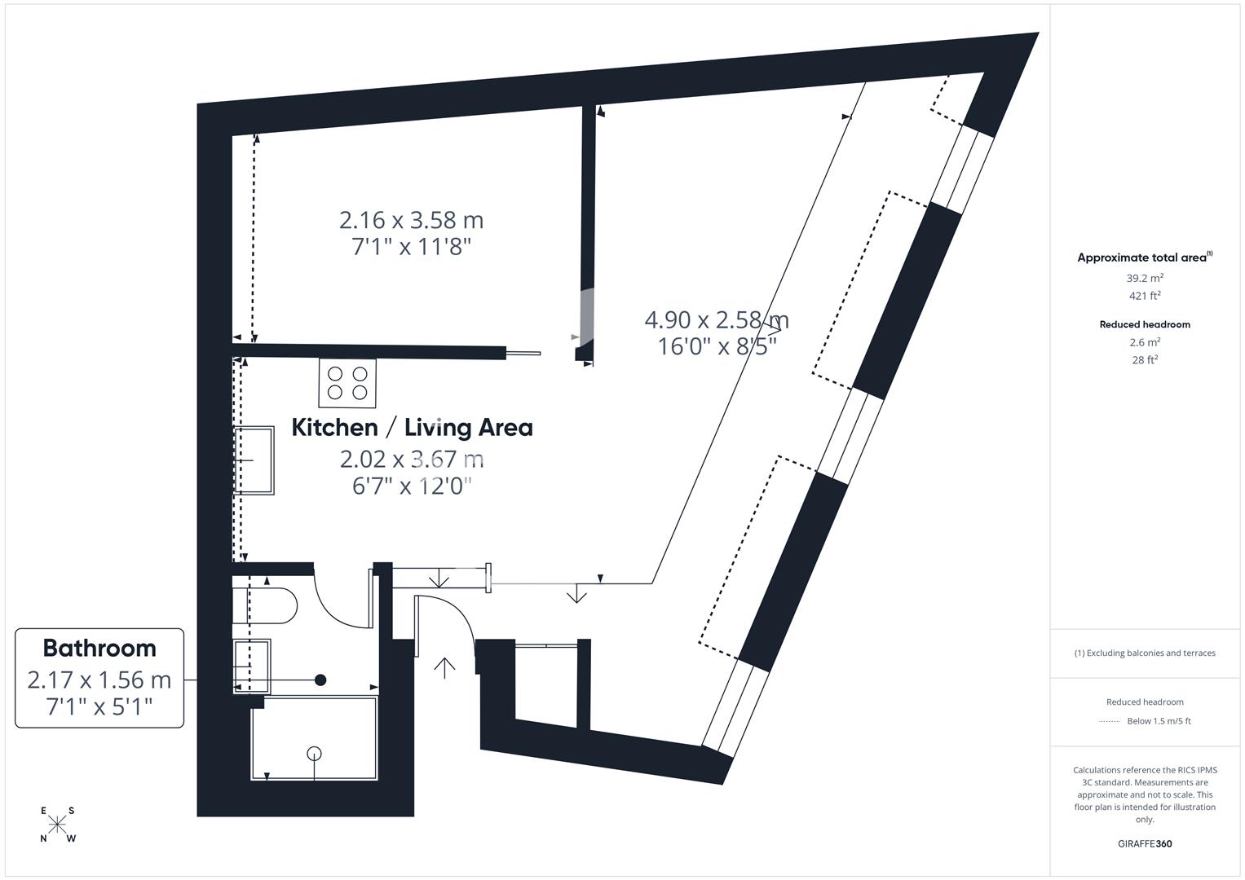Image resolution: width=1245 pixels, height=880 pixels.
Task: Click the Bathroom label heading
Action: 99,649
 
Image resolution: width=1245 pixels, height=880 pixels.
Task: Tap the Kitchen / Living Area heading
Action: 412,428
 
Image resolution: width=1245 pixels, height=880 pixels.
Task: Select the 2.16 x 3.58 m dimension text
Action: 411,220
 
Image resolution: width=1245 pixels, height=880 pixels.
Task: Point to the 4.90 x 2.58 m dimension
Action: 717,320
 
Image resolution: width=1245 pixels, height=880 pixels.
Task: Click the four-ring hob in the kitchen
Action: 347,383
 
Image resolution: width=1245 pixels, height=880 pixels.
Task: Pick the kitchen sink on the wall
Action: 254,460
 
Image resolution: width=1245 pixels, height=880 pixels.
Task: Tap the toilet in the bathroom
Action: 264,605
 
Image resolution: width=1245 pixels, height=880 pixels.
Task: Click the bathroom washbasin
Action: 252,667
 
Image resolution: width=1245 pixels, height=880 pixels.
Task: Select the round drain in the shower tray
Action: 314,754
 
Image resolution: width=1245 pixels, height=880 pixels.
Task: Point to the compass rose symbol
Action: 57,825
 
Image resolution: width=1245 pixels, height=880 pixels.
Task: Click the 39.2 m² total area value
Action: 1145,278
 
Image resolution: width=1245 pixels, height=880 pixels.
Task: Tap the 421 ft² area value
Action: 1145,296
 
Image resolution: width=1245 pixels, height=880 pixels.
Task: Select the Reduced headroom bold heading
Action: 1145,324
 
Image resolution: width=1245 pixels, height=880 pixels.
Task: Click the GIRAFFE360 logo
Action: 1145,843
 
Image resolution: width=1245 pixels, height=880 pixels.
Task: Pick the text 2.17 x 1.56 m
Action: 99,680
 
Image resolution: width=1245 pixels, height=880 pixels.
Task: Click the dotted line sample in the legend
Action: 1110,721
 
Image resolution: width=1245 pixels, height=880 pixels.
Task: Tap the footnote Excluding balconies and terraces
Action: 1145,653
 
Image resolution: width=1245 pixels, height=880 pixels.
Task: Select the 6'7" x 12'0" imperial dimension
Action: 412,486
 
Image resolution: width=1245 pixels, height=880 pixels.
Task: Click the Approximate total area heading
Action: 1145,257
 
